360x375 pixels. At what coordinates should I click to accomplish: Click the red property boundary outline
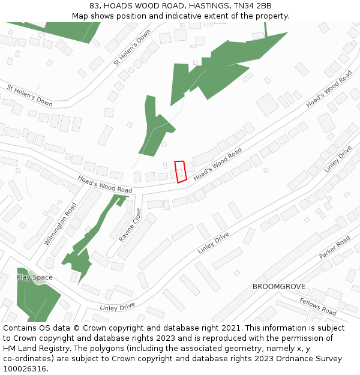[x=180, y=171]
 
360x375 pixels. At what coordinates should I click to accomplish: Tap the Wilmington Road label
[x=61, y=223]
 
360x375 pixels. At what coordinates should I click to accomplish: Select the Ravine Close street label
[x=131, y=225]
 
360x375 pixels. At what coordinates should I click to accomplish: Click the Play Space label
[x=35, y=277]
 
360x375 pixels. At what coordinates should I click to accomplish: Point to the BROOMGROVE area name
[x=279, y=287]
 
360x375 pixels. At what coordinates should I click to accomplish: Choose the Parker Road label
[x=335, y=248]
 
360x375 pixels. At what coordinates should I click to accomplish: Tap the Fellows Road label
[x=318, y=307]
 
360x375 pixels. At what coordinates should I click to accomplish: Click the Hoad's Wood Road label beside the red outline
[x=218, y=161]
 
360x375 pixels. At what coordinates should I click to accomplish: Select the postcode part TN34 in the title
[x=244, y=6]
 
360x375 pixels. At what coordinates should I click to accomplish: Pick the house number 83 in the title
[x=95, y=6]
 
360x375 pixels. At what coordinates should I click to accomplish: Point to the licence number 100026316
[x=26, y=369]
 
